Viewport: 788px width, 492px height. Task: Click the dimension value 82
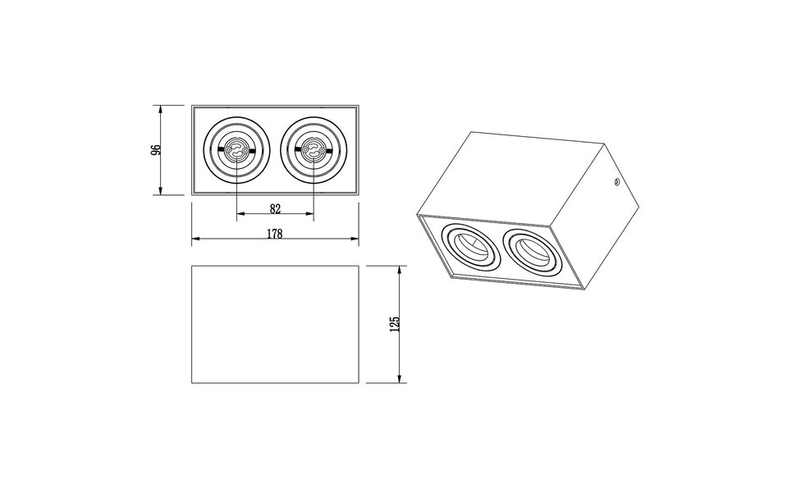coord(275,209)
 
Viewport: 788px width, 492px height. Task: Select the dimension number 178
coord(275,234)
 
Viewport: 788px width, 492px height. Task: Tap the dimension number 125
coord(394,324)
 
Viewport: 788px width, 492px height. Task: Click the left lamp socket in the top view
coord(236,151)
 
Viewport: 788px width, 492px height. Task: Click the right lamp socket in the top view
coord(313,151)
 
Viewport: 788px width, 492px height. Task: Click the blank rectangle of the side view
coord(275,324)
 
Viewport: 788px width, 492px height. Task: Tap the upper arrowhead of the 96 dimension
coord(161,109)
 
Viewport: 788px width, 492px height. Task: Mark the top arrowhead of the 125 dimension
coord(400,270)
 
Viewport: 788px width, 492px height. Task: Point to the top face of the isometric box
coord(509,180)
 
